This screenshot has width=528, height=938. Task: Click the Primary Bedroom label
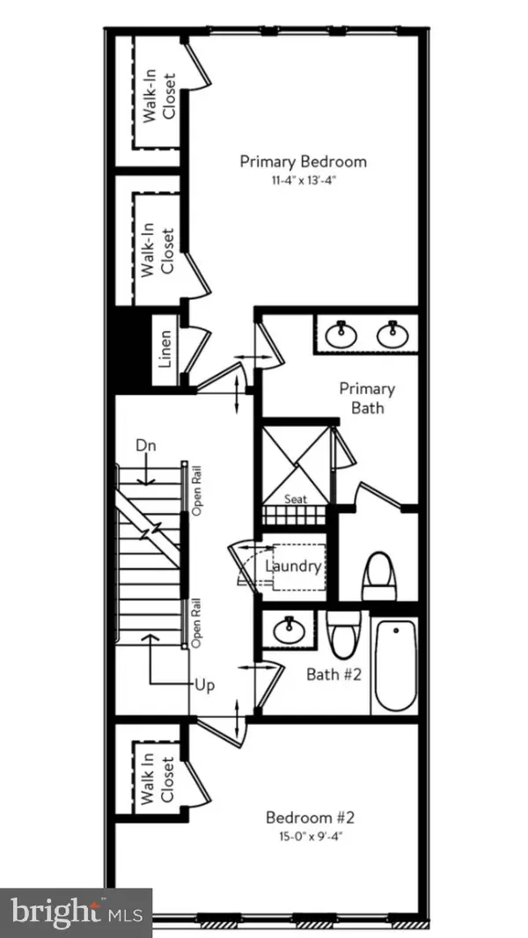point(303,162)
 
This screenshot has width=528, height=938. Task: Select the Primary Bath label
point(367,398)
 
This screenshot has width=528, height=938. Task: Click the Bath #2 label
point(330,675)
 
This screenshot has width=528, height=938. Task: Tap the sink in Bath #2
point(287,630)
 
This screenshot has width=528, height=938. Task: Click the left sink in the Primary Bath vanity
point(340,334)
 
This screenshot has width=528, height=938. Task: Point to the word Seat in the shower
point(295,499)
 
